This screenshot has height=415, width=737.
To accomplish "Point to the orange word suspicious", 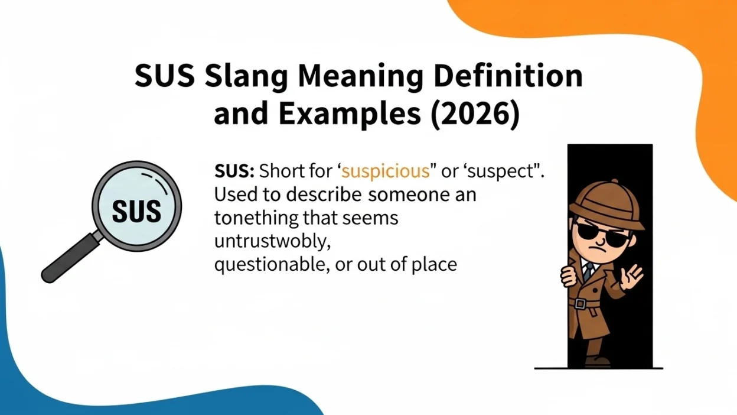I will (x=385, y=171).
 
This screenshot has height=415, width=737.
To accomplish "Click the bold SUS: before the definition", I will (x=234, y=171).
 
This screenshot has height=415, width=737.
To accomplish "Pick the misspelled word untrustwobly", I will (x=272, y=242).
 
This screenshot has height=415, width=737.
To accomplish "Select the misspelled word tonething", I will (x=257, y=218).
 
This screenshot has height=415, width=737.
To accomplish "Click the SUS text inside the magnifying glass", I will (x=136, y=209).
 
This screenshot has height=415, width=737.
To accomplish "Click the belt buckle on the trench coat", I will (x=581, y=304).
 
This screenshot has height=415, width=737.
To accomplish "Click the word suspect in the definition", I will (x=512, y=171).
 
